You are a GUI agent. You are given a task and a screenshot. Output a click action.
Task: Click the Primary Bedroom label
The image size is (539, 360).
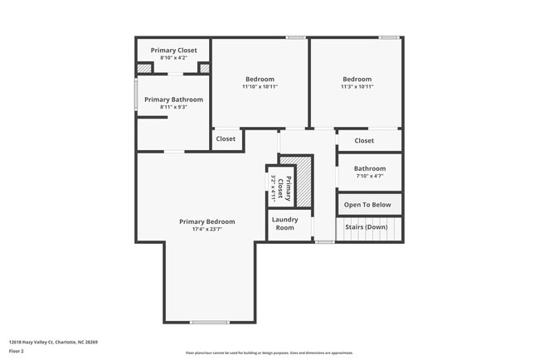[207, 221]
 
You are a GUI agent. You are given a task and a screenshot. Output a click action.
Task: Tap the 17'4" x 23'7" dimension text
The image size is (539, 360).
[207, 230]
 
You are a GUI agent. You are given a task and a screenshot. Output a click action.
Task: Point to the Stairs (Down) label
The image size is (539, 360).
[366, 227]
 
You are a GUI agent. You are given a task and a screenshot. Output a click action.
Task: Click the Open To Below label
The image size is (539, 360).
[368, 204]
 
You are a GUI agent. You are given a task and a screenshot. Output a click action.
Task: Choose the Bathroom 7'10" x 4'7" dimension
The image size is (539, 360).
[370, 176]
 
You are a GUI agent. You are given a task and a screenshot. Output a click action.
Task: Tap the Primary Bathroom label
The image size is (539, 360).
[173, 100]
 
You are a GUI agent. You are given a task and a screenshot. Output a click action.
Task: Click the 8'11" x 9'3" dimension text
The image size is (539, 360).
[173, 107]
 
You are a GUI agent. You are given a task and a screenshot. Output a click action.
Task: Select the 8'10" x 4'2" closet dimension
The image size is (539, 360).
[173, 57]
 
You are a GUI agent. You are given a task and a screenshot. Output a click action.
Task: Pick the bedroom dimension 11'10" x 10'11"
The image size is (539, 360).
[260, 87]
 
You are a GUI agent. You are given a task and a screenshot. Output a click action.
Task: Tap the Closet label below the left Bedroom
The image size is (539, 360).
[226, 139]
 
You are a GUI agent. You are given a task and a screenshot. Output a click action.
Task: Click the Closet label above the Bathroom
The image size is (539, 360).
[364, 141]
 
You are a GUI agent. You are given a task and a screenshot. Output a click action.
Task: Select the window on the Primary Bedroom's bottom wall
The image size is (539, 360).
[210, 322]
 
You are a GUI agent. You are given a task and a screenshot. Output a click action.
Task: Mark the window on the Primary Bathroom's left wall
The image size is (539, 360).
[137, 93]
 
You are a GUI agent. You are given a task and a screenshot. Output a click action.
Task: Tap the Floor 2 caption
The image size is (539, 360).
[17, 351]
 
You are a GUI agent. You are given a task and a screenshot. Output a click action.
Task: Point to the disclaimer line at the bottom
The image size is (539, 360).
[269, 353]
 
